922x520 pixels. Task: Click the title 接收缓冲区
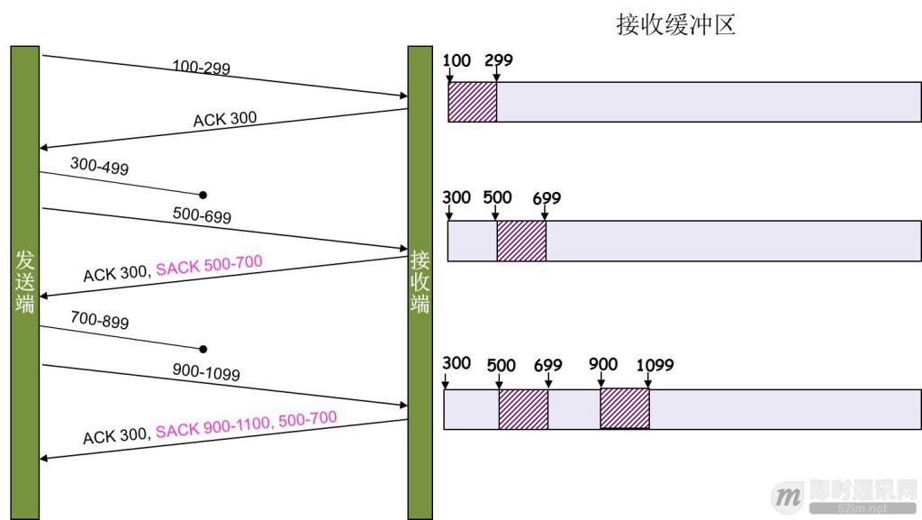(675, 24)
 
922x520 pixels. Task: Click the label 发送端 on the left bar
(25, 281)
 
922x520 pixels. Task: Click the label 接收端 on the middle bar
(420, 281)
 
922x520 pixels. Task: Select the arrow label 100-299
(202, 68)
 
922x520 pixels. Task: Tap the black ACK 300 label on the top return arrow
(224, 119)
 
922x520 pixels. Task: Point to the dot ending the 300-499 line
(203, 195)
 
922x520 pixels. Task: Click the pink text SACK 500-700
(209, 265)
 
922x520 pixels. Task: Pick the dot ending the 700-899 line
(203, 349)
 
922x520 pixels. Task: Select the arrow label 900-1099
(206, 371)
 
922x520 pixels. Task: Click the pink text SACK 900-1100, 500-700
(246, 424)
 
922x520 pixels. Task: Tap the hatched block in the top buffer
(473, 102)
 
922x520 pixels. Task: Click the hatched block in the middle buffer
(521, 241)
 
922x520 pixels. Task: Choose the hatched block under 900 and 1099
(625, 408)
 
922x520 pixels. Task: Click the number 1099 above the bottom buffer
(655, 365)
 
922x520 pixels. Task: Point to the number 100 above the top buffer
(457, 60)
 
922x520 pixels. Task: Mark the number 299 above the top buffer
(499, 60)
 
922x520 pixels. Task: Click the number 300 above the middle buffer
(456, 197)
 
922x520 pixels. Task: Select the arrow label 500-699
(202, 216)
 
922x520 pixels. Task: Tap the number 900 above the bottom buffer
(603, 364)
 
